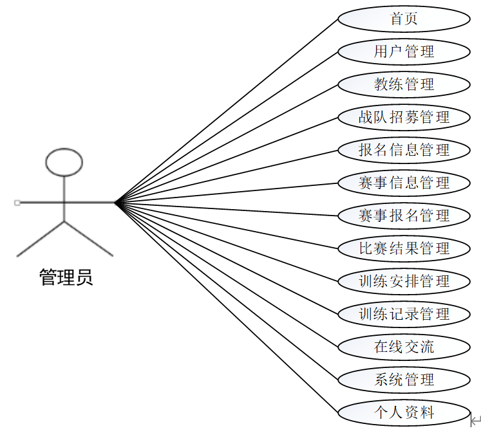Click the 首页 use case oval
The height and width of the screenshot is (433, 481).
pyautogui.click(x=404, y=19)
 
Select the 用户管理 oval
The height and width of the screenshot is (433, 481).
pyautogui.click(x=404, y=51)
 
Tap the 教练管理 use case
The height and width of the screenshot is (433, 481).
pyautogui.click(x=404, y=84)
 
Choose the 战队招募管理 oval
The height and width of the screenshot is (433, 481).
pyautogui.click(x=404, y=117)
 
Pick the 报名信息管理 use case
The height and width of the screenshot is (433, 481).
pyautogui.click(x=404, y=150)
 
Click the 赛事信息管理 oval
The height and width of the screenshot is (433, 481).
pyautogui.click(x=404, y=183)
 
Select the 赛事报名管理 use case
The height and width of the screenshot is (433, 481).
pyautogui.click(x=404, y=216)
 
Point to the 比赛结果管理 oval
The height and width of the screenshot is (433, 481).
pyautogui.click(x=404, y=248)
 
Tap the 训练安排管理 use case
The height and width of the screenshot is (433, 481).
pyautogui.click(x=404, y=281)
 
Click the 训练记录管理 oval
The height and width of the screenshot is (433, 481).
pyautogui.click(x=404, y=314)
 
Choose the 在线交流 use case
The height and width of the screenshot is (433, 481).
pyautogui.click(x=404, y=347)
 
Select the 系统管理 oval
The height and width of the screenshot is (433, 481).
pyautogui.click(x=404, y=380)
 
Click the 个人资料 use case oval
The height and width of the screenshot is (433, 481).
pyautogui.click(x=404, y=412)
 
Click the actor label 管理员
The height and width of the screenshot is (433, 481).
pyautogui.click(x=66, y=277)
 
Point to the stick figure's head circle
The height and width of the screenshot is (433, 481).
pyautogui.click(x=64, y=161)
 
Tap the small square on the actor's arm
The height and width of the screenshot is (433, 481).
pyautogui.click(x=17, y=203)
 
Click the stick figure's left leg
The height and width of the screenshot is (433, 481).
pyautogui.click(x=41, y=239)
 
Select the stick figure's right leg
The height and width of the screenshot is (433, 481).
pyautogui.click(x=89, y=239)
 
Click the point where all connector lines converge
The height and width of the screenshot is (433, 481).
pyautogui.click(x=115, y=203)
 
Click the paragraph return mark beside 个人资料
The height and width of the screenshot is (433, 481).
pyautogui.click(x=476, y=421)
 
